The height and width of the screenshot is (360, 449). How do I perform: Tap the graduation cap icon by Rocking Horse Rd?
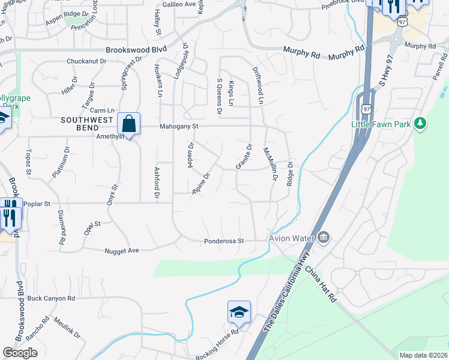238,312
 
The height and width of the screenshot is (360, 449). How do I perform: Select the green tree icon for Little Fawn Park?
421,124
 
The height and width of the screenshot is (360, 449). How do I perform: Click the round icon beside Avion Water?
324,238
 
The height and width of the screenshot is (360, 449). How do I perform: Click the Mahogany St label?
179,127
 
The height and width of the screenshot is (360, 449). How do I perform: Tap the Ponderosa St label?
223,241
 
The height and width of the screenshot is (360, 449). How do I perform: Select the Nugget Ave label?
122,250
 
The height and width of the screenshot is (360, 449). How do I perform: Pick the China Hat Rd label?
319,284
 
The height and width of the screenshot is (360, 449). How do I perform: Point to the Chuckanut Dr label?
86,61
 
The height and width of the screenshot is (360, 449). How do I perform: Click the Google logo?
20,353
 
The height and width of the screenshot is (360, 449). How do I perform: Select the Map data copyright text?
423,355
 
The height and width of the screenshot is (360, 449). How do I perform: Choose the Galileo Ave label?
179,4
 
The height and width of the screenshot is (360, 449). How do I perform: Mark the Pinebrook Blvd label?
343,3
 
